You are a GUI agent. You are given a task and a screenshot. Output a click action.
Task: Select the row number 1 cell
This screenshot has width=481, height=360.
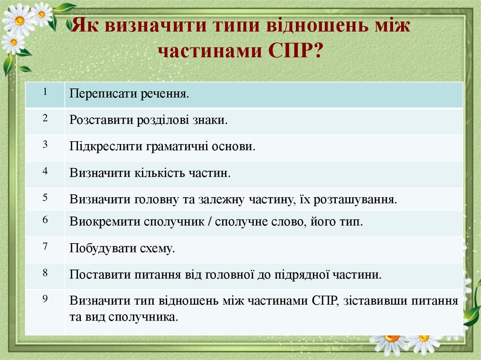click(45, 94)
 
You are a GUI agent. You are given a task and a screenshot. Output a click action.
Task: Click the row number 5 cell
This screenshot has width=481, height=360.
click(45, 199)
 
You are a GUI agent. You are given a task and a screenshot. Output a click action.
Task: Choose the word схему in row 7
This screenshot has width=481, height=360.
click(157, 248)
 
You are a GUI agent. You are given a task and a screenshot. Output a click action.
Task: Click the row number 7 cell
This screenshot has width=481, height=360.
click(45, 249)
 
